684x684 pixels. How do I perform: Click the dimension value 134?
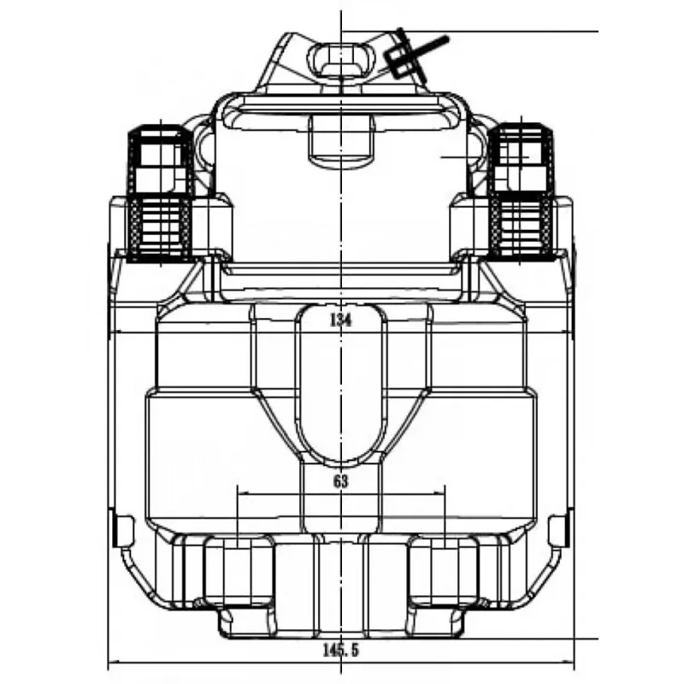tap(340, 320)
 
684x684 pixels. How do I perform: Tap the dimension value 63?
tap(341, 481)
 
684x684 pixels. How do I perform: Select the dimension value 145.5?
tap(340, 651)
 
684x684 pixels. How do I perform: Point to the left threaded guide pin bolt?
tap(160, 194)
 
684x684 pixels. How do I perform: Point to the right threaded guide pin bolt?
tap(522, 192)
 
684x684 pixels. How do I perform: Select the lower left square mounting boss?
tap(239, 571)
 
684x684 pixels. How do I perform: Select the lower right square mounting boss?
tap(444, 571)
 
